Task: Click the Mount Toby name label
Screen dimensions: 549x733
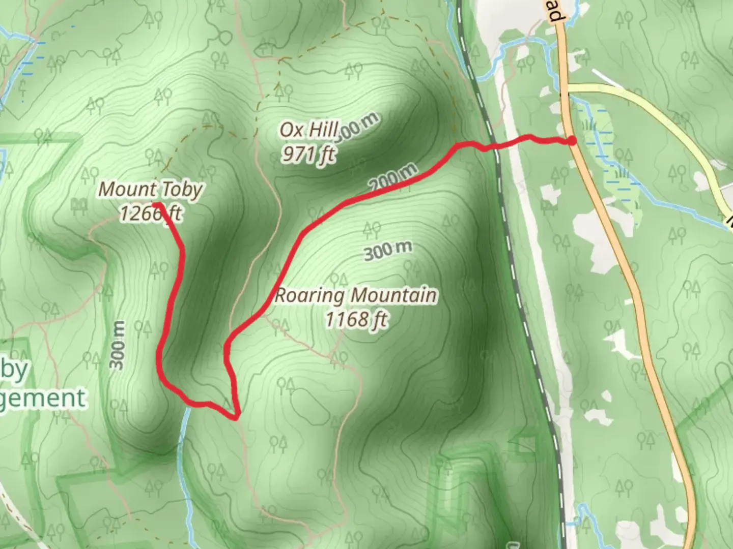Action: [150, 189]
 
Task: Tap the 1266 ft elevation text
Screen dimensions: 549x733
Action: [150, 213]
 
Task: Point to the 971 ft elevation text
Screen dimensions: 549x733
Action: [308, 154]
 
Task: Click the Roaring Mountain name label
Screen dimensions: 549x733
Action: [355, 295]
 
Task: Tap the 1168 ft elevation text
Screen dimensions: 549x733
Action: [356, 319]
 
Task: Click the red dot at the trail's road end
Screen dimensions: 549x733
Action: [572, 141]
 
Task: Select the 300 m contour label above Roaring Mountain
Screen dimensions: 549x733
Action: [388, 250]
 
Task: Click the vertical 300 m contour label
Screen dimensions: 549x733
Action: [118, 346]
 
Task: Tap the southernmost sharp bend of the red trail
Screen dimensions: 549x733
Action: [236, 418]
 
